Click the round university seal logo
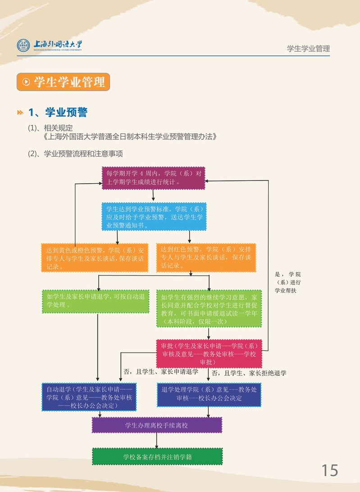click(23, 45)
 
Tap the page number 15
click(329, 470)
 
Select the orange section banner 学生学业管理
click(64, 82)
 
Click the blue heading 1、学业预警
click(58, 112)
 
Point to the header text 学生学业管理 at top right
click(308, 49)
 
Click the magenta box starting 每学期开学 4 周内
click(153, 178)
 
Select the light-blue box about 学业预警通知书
click(154, 217)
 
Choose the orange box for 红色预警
click(205, 257)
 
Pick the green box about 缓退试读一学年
click(209, 308)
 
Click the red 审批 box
click(209, 354)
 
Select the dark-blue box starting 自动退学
click(89, 397)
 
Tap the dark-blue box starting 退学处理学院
click(209, 394)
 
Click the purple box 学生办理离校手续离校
click(157, 425)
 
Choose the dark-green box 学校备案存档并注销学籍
click(157, 456)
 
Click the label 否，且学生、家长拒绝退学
click(249, 373)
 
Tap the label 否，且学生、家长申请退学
click(161, 372)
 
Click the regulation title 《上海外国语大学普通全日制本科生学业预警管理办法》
click(130, 136)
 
